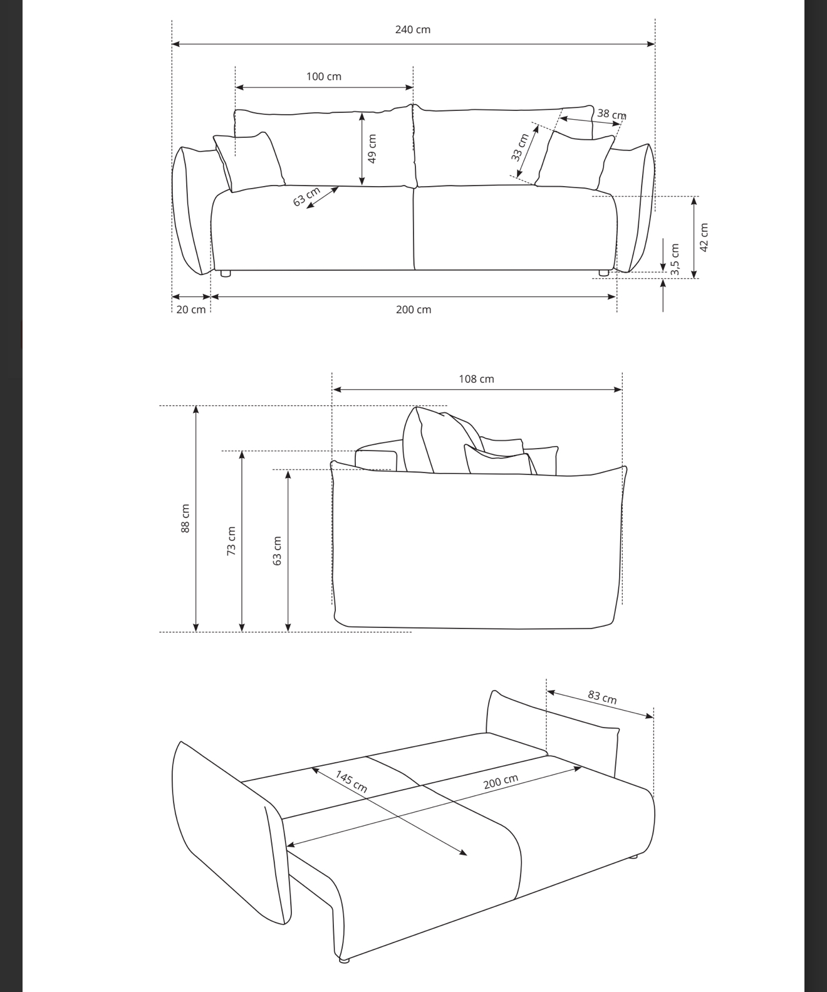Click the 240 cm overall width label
click(x=413, y=29)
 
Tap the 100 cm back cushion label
click(x=323, y=76)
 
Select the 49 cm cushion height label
click(x=372, y=149)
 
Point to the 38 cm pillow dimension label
click(x=612, y=114)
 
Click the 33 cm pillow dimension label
click(x=519, y=148)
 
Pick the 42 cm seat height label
click(x=704, y=238)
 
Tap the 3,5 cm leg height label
click(x=675, y=259)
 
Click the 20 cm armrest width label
click(x=191, y=310)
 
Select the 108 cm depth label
click(x=476, y=379)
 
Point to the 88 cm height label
click(x=185, y=518)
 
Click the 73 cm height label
click(x=231, y=541)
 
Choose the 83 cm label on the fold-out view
click(x=602, y=697)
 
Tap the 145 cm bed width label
click(x=351, y=781)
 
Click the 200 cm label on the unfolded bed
click(x=501, y=781)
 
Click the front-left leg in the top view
click(x=225, y=273)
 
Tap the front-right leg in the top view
click(x=604, y=273)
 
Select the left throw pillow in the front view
click(x=249, y=162)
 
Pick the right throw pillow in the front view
click(x=575, y=160)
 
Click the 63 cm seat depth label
click(x=306, y=197)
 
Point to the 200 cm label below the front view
click(x=413, y=310)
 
